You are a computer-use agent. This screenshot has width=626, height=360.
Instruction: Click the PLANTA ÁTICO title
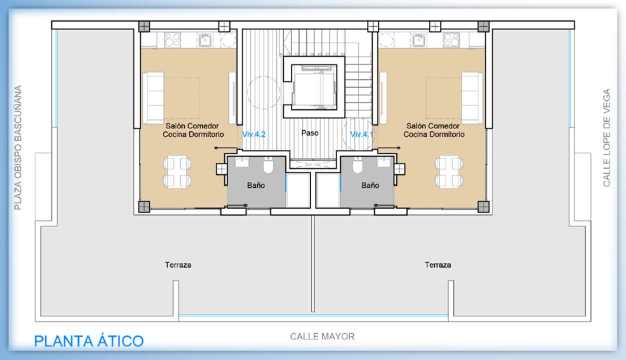click(x=89, y=340)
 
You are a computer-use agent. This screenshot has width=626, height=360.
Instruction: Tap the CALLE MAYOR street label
click(x=322, y=336)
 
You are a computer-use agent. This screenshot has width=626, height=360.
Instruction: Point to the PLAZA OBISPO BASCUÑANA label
click(x=18, y=147)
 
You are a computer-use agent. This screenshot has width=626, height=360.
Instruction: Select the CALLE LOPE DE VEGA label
click(x=606, y=138)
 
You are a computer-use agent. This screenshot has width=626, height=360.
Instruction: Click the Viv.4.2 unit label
click(x=254, y=135)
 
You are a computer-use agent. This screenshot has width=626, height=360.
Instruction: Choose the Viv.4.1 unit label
click(x=362, y=135)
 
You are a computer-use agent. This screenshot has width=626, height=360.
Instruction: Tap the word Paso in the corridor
click(x=310, y=133)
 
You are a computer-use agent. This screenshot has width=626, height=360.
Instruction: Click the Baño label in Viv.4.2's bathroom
click(x=256, y=185)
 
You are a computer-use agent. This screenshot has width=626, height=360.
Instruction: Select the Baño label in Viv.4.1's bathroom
click(x=370, y=185)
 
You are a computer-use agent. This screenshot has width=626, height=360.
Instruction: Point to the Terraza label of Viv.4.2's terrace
click(x=178, y=265)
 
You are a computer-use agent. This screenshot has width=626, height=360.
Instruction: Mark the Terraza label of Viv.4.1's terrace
click(x=438, y=265)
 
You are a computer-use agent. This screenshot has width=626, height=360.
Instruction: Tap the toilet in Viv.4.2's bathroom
click(x=268, y=165)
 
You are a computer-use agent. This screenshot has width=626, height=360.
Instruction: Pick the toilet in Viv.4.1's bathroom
click(x=357, y=165)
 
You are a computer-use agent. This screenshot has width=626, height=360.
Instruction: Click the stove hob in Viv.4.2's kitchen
click(x=173, y=40)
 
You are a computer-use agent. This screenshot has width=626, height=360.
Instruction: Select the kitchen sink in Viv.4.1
click(x=418, y=40)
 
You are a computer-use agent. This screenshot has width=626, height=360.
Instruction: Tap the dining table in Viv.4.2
click(x=177, y=172)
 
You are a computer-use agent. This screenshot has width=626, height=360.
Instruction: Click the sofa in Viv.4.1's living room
click(x=472, y=98)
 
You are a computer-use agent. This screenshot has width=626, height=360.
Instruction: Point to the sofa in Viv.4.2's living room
click(x=153, y=98)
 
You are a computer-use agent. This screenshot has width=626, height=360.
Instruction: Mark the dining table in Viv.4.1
click(x=449, y=172)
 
